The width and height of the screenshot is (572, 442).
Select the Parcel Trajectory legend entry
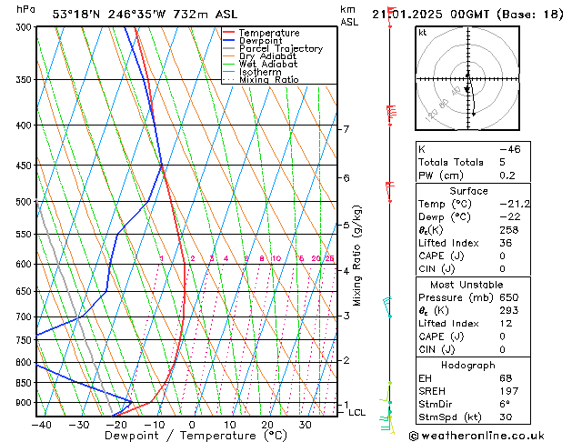280,48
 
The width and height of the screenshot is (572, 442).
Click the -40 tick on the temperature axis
41,425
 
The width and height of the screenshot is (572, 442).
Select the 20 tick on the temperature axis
267,425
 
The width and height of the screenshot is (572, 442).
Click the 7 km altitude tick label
346,129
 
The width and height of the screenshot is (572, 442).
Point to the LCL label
357,413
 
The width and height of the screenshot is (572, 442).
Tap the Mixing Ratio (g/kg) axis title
357,255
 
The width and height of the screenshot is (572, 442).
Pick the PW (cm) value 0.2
505,176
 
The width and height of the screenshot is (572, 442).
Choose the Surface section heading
468,191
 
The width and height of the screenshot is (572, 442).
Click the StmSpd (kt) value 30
505,417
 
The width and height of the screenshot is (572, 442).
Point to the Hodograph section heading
468,365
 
